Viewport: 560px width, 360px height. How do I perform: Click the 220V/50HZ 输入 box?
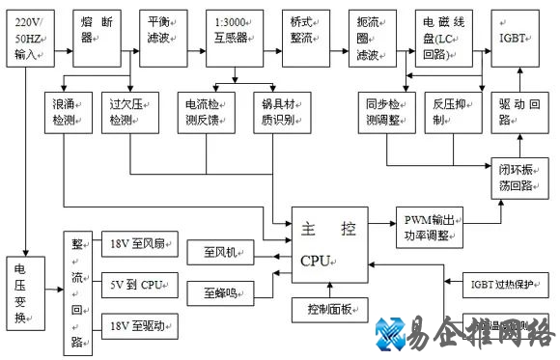point(31,38)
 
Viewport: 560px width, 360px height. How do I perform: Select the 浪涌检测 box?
point(68,112)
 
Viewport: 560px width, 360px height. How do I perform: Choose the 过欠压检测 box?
point(128,112)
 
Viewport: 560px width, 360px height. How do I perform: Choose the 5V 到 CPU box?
point(139,286)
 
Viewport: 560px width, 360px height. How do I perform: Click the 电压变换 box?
point(27,293)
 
